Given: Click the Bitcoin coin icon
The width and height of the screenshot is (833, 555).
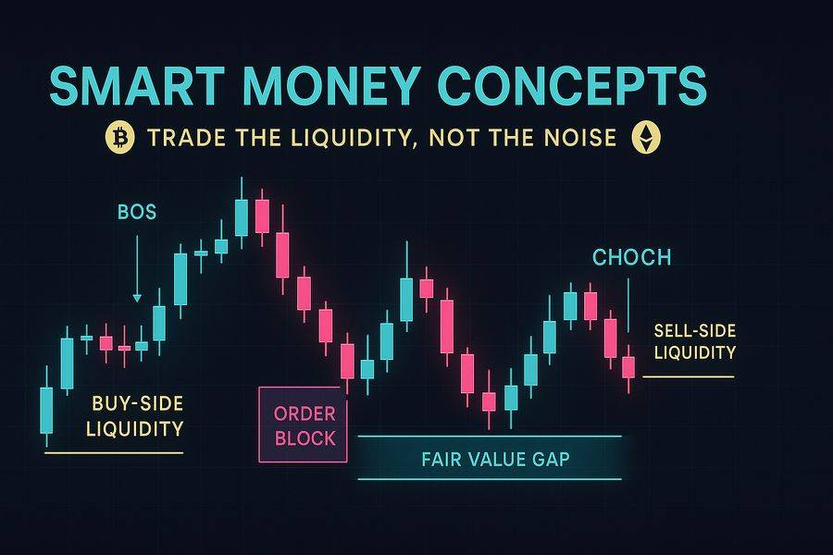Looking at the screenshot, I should coord(118,139).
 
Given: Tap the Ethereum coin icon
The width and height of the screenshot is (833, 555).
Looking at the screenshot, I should coord(641,139).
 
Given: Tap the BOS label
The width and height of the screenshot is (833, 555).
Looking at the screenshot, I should coord(137,213).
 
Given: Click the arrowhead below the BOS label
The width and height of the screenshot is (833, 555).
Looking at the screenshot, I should coord(137,297).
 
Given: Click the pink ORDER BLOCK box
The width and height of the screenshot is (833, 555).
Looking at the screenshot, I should coord(304,425).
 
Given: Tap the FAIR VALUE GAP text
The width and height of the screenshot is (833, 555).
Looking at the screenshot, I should coord(488,459).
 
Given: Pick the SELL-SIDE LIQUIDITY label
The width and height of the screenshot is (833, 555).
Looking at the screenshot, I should coord(694,341).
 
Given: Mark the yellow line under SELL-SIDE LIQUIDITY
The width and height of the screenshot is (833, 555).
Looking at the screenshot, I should coord(688,376).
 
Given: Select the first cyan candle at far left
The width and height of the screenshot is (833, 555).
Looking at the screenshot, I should coord(46,408).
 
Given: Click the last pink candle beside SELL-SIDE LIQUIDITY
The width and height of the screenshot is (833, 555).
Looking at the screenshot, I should coord(628,366).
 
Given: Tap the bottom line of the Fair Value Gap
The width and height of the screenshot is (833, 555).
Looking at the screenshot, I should coord(488,479).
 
